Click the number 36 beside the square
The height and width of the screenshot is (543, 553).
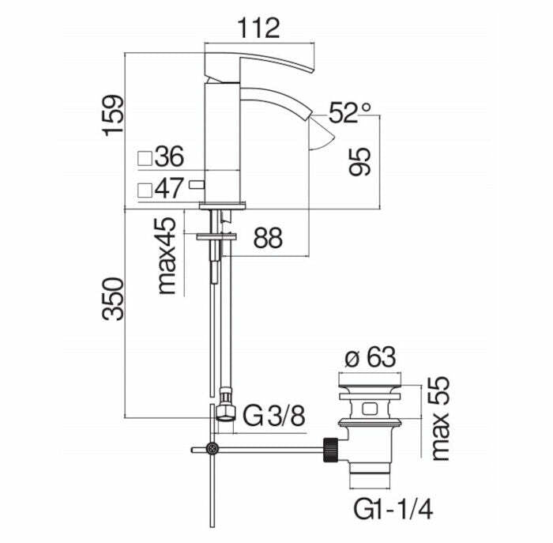click(x=169, y=156)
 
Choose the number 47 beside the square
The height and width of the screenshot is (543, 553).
click(x=169, y=189)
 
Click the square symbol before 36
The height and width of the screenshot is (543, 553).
click(x=145, y=157)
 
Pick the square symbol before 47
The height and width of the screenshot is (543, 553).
click(x=145, y=190)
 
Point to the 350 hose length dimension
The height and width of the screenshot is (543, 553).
click(x=115, y=298)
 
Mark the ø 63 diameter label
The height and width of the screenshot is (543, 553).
click(x=370, y=358)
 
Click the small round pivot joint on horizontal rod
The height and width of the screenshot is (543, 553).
click(x=212, y=450)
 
